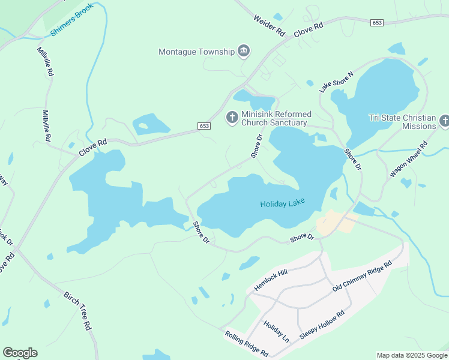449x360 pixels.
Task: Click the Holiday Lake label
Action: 282,203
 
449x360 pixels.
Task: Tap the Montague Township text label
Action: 196,52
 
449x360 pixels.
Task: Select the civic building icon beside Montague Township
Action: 244,52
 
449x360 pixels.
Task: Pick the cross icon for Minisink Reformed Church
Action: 232,118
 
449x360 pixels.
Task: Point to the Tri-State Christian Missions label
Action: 402,122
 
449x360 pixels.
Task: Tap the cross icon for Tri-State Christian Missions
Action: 444,122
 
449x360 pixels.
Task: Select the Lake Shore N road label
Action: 336,82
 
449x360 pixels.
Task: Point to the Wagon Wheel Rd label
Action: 408,159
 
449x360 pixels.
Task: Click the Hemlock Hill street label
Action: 271,280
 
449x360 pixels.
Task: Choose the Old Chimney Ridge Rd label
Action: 362,276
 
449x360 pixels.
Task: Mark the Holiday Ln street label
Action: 276,331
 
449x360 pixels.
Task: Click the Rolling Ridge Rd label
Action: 246,344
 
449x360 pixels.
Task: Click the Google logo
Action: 20,353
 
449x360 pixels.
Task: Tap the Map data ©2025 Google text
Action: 412,355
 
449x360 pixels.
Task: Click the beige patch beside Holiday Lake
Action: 329,223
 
